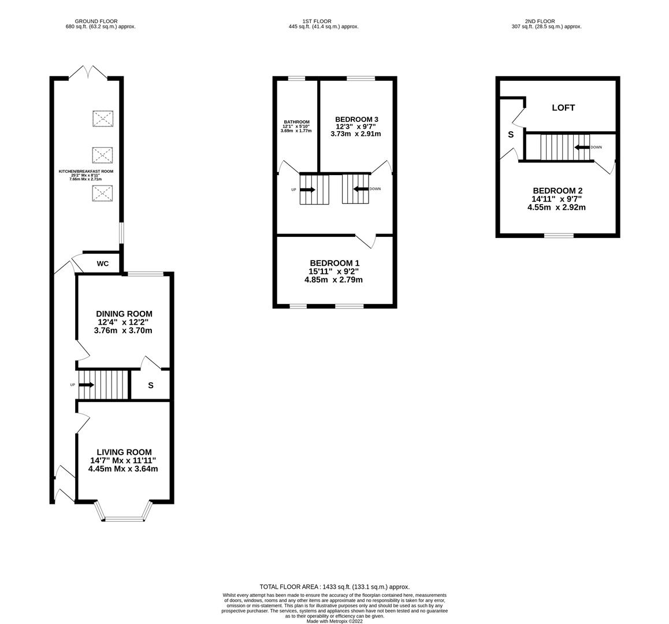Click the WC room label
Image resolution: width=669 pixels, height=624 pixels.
(x=102, y=264)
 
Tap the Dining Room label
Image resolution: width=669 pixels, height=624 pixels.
(x=124, y=314)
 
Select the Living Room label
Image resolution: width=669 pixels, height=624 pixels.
(x=124, y=452)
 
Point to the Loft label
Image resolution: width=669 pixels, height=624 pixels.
(x=563, y=107)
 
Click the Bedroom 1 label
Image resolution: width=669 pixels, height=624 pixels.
(x=332, y=263)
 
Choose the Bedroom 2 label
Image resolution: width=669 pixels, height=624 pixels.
(x=557, y=191)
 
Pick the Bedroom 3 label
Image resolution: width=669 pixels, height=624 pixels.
(x=356, y=120)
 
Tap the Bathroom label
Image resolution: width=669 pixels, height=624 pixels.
(x=296, y=122)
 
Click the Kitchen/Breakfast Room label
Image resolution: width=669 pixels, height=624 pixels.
(x=86, y=172)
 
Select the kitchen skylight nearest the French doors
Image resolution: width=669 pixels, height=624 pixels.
(x=103, y=118)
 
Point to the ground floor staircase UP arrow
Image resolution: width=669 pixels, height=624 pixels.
(x=87, y=385)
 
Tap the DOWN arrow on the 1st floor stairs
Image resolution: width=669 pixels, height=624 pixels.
(x=361, y=189)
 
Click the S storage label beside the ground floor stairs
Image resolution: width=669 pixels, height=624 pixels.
(x=151, y=385)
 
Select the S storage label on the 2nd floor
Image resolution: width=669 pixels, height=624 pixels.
(x=511, y=135)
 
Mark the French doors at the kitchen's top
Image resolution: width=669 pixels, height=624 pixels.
(x=88, y=72)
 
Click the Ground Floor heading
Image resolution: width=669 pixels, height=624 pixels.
(x=96, y=21)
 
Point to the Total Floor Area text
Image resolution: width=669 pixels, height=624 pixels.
(x=335, y=587)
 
